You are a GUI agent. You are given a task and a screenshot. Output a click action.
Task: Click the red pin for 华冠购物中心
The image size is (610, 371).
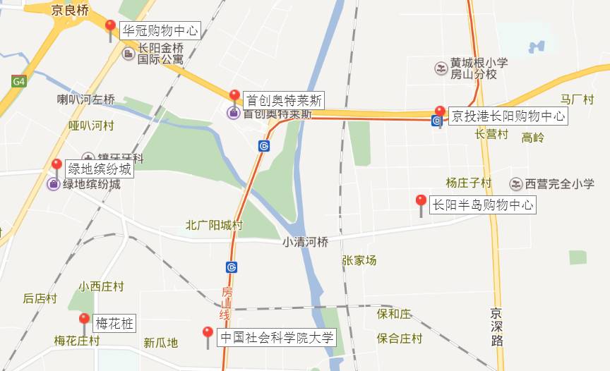coord(110,28)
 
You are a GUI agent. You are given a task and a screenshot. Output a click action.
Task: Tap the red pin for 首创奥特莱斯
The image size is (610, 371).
coord(235,97)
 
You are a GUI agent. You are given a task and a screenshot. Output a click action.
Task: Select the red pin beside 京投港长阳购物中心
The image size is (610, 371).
coord(440,112)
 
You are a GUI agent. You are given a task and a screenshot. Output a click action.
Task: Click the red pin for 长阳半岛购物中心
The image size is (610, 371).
coord(421,202)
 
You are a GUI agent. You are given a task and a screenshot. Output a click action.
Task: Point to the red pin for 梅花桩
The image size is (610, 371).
coord(84,320)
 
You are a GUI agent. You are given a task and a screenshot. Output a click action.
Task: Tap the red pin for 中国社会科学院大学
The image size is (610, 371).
coord(208,334)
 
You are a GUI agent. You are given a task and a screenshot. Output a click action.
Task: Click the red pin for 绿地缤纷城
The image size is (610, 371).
coord(56,166)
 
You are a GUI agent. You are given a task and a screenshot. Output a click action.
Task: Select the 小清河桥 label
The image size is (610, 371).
coord(306,241)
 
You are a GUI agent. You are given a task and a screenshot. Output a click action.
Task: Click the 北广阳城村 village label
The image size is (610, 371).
coord(214,226)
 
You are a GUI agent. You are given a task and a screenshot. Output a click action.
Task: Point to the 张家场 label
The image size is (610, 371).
coord(359,260)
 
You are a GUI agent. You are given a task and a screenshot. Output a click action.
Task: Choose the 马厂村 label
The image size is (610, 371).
coord(578,99)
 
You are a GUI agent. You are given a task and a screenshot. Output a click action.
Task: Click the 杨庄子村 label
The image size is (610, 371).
coord(468,183)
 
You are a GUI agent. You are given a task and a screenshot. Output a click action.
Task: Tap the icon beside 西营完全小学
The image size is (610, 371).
coord(516,184)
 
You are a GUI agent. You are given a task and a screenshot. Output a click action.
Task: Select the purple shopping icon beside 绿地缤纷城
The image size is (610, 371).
coord(53,185)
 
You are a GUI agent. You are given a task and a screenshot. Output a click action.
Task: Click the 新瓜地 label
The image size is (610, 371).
coord(160,343)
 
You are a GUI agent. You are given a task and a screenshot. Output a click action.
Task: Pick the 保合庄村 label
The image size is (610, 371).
coord(399,339)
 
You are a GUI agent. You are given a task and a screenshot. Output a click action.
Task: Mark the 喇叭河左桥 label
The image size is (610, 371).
coord(86,99)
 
